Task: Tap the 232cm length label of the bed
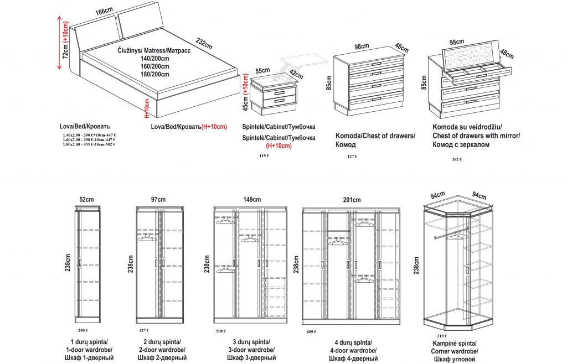pos(203,44)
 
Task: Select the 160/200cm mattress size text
pos(154,66)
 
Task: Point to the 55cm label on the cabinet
pos(262,70)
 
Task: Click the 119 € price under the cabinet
pos(264,156)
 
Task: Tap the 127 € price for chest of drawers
pos(352,157)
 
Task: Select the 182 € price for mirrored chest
pos(457,159)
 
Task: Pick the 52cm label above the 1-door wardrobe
pos(86,200)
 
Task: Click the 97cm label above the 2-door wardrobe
pos(158,200)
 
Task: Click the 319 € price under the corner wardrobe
pos(441,336)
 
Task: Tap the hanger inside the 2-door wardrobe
pos(147,238)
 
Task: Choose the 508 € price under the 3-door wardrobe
pos(220,331)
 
